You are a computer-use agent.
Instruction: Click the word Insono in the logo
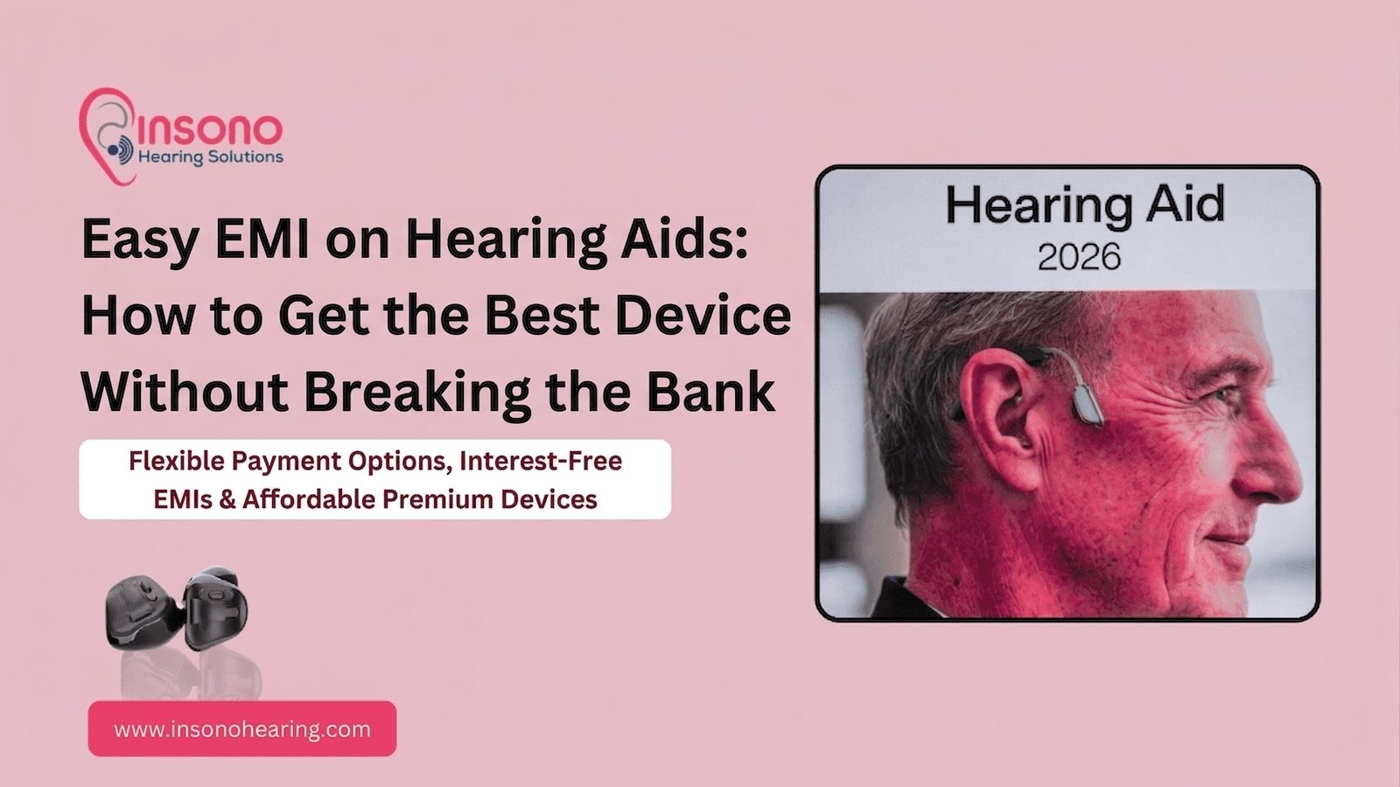(210, 129)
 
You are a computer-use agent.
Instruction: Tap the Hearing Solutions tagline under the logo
(211, 157)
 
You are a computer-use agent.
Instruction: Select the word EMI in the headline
(262, 239)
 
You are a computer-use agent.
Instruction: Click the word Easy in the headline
(139, 239)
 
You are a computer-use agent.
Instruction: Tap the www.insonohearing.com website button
(242, 728)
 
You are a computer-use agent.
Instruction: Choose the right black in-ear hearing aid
(215, 605)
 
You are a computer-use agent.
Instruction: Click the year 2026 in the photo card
(1079, 257)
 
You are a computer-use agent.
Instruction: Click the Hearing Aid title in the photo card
(1085, 205)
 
